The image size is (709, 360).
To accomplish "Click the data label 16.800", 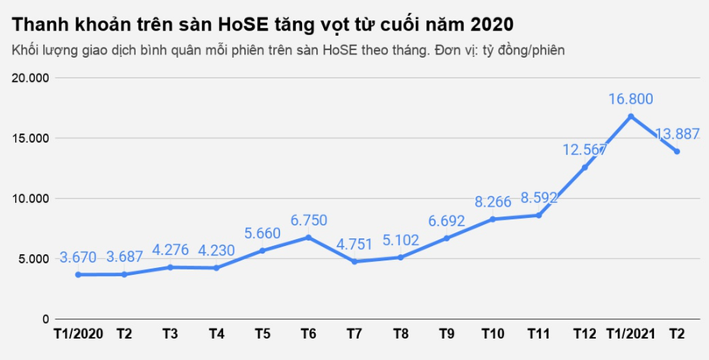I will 630,99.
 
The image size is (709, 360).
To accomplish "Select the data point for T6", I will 308,237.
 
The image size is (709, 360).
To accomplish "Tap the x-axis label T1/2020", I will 79,334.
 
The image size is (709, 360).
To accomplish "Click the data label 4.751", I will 356,244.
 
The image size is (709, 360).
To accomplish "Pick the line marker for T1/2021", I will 630,116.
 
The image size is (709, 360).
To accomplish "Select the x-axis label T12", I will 585,334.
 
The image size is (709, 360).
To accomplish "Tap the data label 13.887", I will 677,134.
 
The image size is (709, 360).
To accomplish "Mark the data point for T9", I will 446,237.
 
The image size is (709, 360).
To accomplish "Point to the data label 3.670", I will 80,258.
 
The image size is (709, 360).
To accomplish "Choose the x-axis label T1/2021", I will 630,334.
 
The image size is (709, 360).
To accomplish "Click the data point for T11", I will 538,215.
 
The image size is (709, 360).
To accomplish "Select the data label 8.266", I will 493,201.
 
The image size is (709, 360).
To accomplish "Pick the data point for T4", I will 216,267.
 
